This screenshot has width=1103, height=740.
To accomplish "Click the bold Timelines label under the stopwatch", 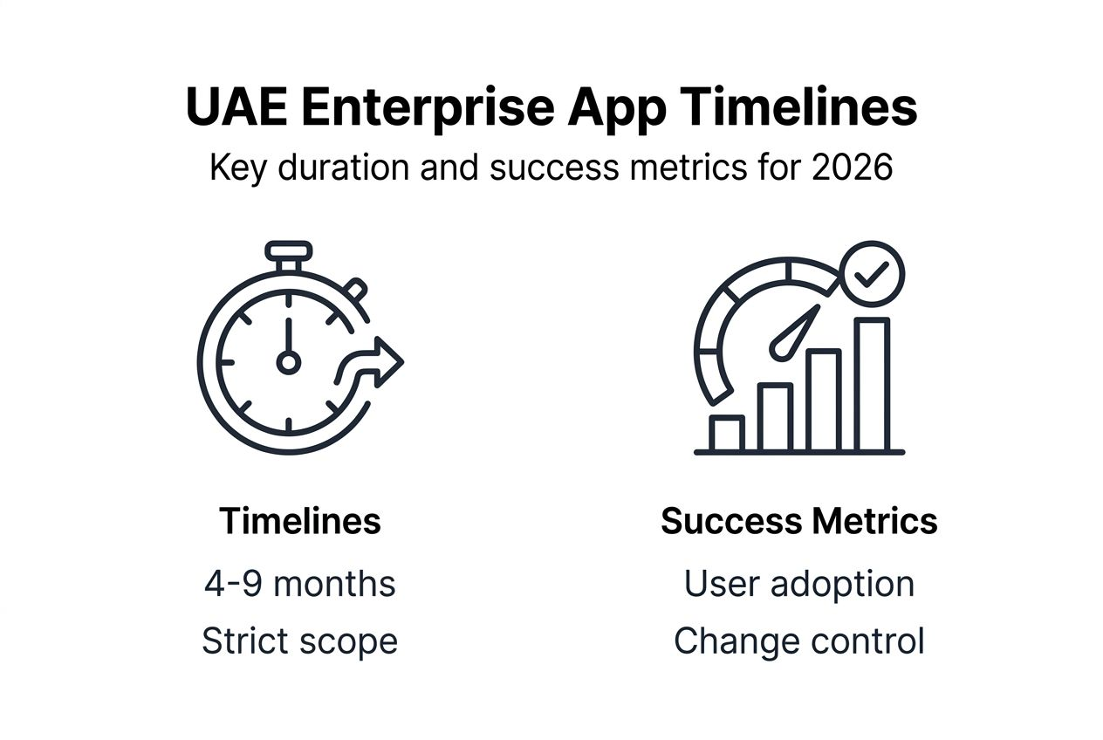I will click(300, 521).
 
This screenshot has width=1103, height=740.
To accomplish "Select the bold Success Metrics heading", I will click(799, 521).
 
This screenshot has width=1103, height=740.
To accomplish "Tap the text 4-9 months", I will click(300, 584).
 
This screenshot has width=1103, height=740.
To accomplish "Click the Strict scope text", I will click(300, 641).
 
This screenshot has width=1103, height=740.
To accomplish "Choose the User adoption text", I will click(799, 584).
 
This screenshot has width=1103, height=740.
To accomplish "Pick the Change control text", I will click(799, 641).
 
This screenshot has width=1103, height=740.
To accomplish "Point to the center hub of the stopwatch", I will click(288, 361).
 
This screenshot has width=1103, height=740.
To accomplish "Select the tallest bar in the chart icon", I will click(872, 385).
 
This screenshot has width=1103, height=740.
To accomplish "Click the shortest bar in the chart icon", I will click(726, 434).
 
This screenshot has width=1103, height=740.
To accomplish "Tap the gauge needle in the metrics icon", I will click(794, 332).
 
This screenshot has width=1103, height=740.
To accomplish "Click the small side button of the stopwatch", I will click(354, 289).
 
